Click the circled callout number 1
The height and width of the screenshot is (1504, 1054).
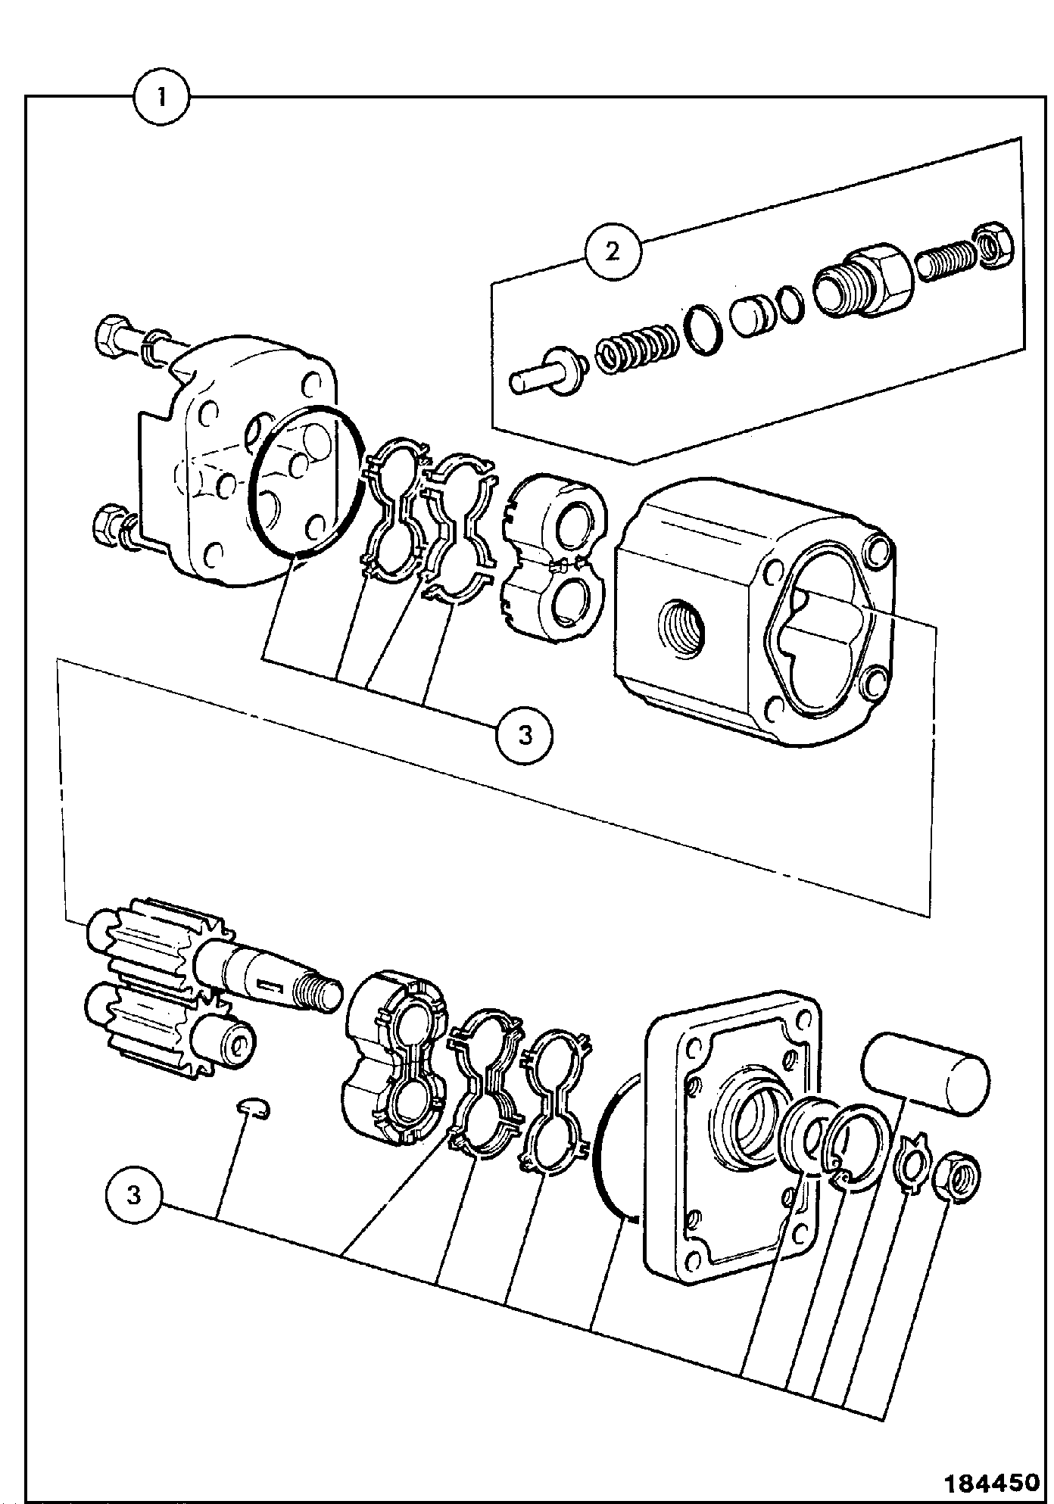tap(161, 98)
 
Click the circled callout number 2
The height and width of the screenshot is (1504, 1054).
tap(613, 251)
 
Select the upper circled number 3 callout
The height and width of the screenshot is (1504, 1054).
tap(525, 734)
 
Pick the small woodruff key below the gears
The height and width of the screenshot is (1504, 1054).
tap(254, 1109)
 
